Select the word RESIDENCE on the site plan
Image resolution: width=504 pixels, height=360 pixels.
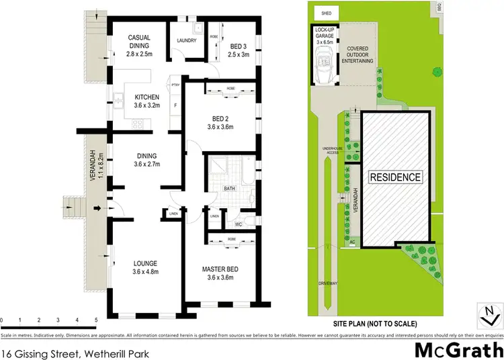point(395,177)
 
